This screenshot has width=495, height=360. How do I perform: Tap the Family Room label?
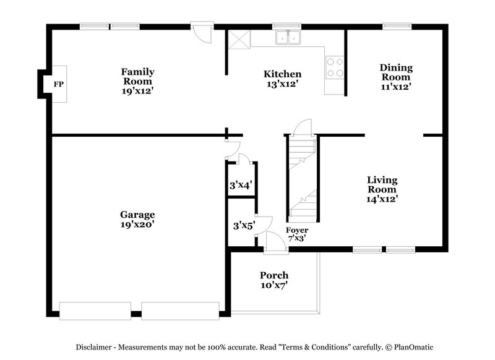(x=137, y=76)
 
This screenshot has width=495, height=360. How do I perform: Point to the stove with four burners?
(x=335, y=67)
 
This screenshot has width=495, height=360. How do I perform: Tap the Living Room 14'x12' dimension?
(x=381, y=199)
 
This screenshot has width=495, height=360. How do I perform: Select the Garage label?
(x=137, y=215)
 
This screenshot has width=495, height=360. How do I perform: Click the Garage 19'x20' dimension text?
(x=137, y=225)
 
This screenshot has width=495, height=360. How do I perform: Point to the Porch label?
(x=273, y=275)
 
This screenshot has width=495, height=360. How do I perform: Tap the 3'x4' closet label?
(x=240, y=184)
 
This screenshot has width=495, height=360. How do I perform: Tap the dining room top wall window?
(x=392, y=26)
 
